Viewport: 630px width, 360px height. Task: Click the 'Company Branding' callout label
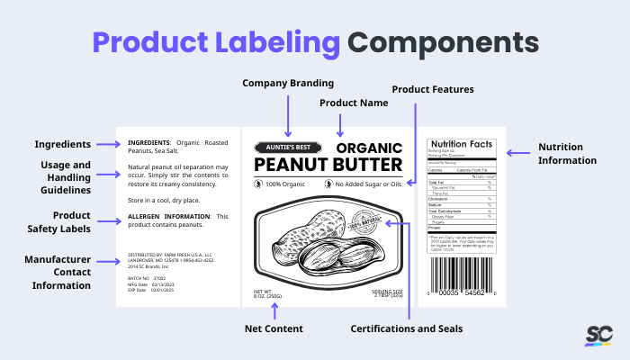point(288,84)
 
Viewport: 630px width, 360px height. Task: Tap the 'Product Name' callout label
point(354,103)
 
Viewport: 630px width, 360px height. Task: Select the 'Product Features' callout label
point(432,89)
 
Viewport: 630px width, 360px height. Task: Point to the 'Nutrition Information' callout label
point(567,154)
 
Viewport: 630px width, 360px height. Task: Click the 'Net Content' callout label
point(274,328)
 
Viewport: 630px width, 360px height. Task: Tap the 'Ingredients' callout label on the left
point(62,144)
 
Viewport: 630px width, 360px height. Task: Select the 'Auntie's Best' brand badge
point(285,147)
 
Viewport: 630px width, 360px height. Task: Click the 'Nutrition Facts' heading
point(462,144)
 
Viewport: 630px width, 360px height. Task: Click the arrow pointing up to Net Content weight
point(274,310)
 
